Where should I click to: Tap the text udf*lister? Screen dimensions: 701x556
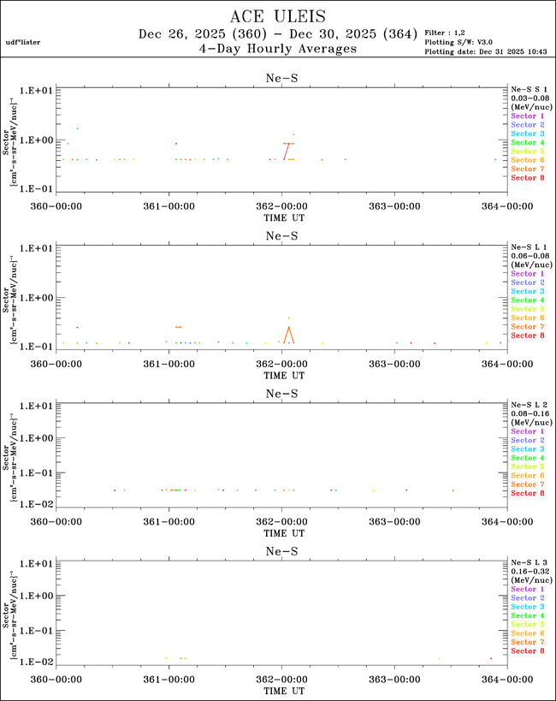23,41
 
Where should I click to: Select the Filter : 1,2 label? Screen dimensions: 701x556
447,33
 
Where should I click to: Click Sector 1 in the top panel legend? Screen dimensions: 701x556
527,116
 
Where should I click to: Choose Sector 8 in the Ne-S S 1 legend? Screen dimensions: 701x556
527,178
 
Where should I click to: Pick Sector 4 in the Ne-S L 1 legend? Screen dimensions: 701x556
527,300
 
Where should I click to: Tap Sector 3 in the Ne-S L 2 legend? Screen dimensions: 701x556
527,449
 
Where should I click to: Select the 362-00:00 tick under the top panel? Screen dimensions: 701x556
281,206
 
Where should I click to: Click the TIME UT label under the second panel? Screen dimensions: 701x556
281,374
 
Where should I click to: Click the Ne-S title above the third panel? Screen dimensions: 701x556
281,394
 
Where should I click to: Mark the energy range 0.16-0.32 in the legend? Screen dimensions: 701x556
527,571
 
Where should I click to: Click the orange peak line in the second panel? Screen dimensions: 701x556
288,333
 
